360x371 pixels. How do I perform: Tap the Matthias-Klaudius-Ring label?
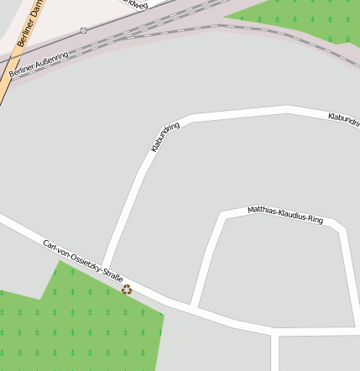pos(285,215)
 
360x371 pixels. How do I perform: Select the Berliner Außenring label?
pos(39,65)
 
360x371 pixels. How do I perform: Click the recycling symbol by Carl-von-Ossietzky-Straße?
pos(127,290)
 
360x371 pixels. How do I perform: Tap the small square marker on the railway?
pos(84,30)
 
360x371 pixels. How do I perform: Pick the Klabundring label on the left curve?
pos(165,138)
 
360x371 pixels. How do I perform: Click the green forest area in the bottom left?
pos(84,327)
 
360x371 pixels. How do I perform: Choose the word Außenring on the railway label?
pos(52,60)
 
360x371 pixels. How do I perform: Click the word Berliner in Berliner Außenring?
pos(20,72)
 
